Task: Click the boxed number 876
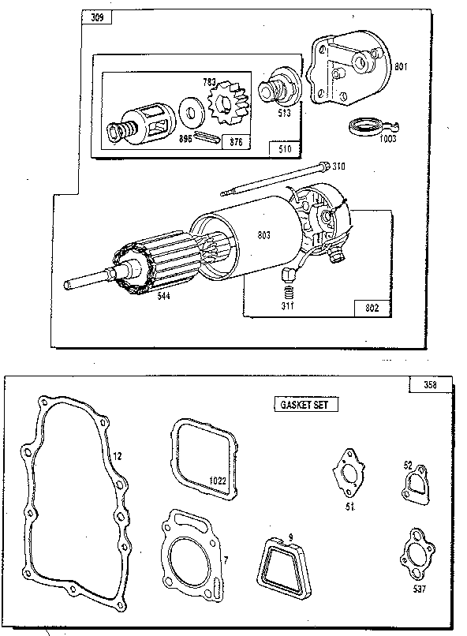(234, 142)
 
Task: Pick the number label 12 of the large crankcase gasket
(116, 455)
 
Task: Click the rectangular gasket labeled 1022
(203, 460)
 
